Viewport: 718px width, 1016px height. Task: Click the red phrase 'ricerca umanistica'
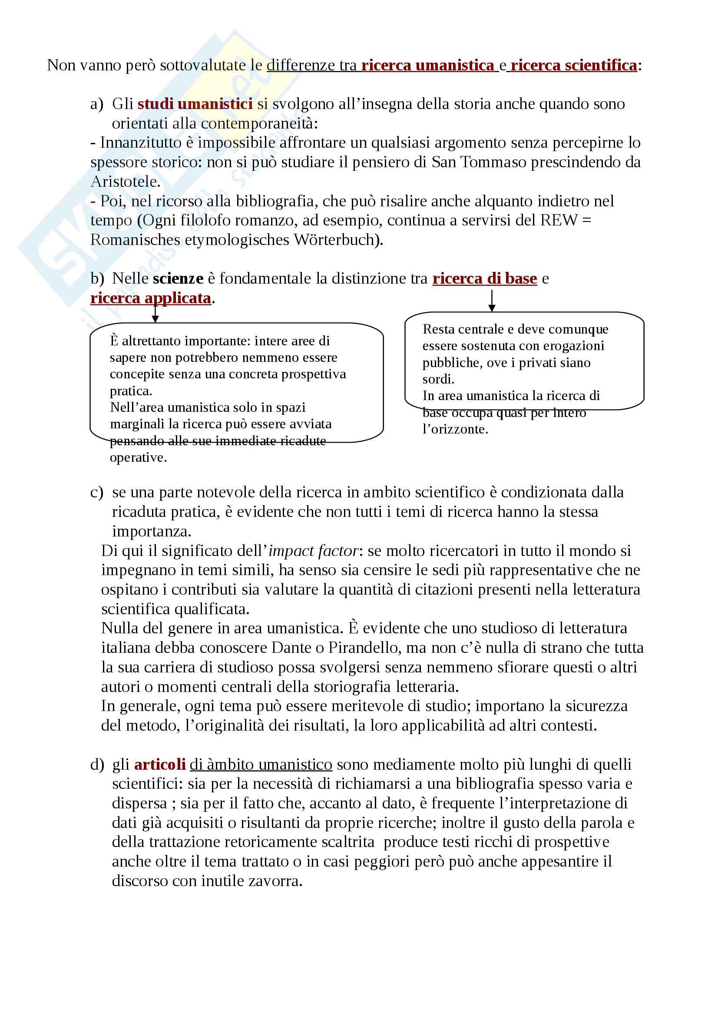click(x=427, y=66)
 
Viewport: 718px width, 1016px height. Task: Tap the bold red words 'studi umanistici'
click(x=195, y=104)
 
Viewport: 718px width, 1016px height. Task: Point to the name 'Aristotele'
click(x=125, y=182)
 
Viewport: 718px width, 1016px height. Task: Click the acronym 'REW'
click(x=559, y=220)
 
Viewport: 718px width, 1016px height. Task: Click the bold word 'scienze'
click(x=178, y=278)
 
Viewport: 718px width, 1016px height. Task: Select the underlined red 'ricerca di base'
click(x=484, y=278)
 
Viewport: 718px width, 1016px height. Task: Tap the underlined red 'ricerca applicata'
click(x=151, y=298)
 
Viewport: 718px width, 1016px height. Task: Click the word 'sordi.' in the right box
click(x=438, y=379)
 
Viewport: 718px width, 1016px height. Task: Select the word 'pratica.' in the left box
click(x=131, y=391)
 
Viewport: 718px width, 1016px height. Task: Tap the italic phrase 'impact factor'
click(x=313, y=551)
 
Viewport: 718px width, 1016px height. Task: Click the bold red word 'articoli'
click(x=160, y=764)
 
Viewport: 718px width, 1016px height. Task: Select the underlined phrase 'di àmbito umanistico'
click(x=261, y=764)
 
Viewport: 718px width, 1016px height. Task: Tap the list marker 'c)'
click(x=96, y=493)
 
